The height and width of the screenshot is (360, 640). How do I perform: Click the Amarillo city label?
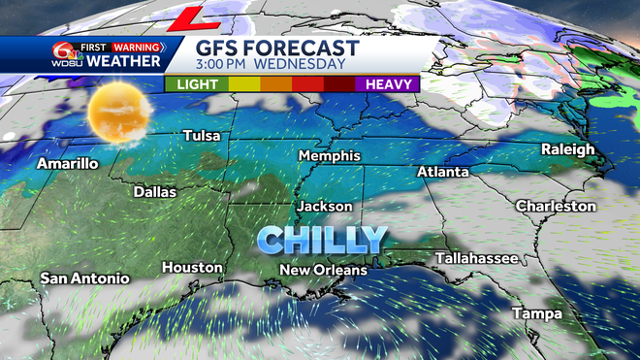tap(67, 164)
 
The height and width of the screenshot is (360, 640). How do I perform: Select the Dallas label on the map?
tap(155, 192)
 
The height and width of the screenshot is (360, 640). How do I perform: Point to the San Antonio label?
tap(84, 278)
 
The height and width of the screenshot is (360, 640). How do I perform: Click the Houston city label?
tap(192, 267)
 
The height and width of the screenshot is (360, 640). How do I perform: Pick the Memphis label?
tap(329, 156)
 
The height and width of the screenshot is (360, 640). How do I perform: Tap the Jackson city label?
tap(324, 207)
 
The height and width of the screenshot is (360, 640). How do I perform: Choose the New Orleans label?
tap(323, 270)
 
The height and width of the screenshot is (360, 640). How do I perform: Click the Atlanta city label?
tap(442, 172)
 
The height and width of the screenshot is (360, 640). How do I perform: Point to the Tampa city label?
tap(538, 314)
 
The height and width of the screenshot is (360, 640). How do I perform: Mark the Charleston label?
tap(556, 207)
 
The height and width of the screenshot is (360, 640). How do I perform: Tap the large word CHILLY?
tap(322, 238)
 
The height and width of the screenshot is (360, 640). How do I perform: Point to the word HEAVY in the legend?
tap(391, 84)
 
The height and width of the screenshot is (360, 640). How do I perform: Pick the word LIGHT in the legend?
tap(197, 84)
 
